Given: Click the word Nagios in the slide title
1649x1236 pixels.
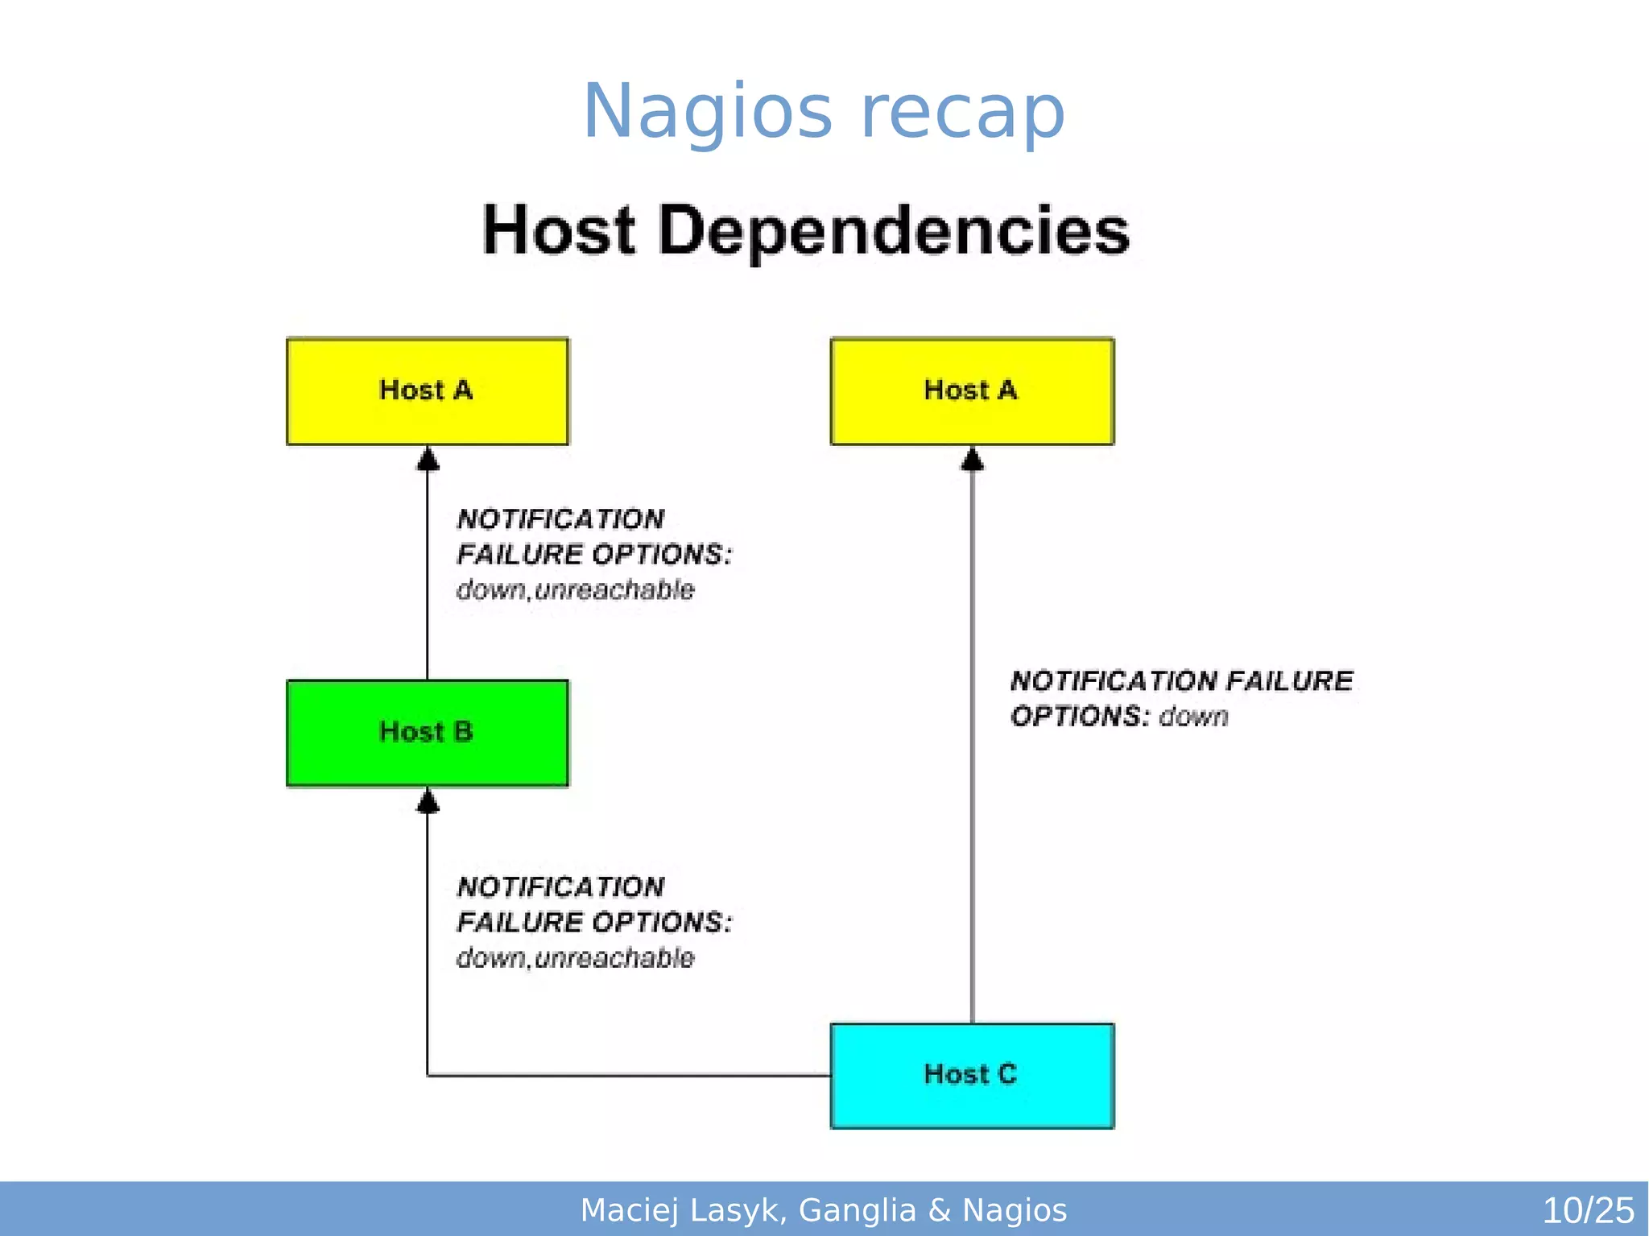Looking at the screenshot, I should click(x=707, y=113).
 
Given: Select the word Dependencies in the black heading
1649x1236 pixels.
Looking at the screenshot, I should click(x=894, y=231).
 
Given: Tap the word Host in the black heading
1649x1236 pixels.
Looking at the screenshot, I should click(x=559, y=231).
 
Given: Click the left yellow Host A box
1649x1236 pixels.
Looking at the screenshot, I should click(x=427, y=391).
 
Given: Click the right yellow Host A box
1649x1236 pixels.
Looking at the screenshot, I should click(x=972, y=391).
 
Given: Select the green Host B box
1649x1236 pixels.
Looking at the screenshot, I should click(x=427, y=733).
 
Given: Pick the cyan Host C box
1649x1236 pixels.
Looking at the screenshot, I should click(x=972, y=1076).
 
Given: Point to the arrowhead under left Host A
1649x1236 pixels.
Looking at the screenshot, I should click(x=428, y=460).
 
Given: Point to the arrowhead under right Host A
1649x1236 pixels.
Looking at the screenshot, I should click(x=973, y=460).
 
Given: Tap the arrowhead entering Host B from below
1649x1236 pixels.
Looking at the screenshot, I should click(x=428, y=802).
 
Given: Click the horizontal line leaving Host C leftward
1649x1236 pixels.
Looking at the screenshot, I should click(x=628, y=1075).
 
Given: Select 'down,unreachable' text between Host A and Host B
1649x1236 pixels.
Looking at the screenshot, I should click(x=575, y=590).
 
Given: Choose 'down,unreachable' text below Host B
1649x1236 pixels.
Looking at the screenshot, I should click(x=575, y=958).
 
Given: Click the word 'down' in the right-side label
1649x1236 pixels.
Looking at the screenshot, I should click(x=1193, y=717).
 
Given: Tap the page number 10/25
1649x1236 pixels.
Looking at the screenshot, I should click(x=1587, y=1210).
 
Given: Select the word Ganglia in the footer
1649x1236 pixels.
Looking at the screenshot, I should click(x=858, y=1210).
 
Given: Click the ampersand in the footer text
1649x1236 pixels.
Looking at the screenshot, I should click(x=939, y=1210).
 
